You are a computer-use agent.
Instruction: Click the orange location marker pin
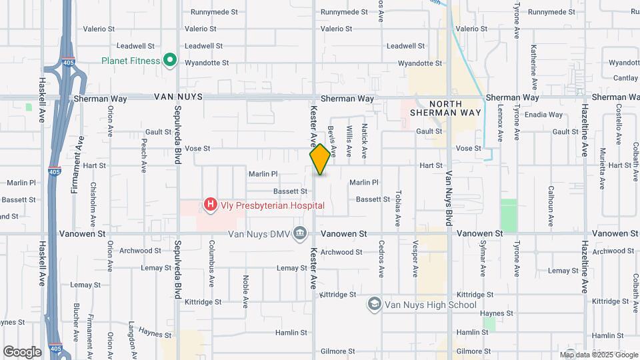coord(320,159)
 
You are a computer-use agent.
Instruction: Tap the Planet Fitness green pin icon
coord(170,61)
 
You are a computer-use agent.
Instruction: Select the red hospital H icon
coord(211,205)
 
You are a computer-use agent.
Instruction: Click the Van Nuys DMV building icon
coord(300,233)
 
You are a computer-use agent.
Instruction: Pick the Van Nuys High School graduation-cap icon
coord(374,305)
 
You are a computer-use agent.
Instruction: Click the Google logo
coord(22,351)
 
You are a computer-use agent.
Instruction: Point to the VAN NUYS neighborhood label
coord(177,97)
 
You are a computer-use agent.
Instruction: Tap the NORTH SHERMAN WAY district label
coord(455,109)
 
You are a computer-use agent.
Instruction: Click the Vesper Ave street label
coord(415,258)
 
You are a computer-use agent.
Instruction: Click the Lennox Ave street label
coord(500,126)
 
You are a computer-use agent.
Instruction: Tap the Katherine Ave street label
coord(533,68)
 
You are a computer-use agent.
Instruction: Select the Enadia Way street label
coord(543,115)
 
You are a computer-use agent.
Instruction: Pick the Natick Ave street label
coord(365,140)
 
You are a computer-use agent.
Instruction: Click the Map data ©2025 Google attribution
coord(599,355)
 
